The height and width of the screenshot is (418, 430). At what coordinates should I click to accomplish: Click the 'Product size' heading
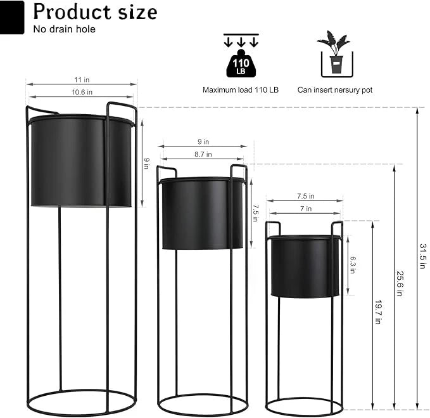coord(95,12)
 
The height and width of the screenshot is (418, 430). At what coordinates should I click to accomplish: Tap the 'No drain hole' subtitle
coord(64,29)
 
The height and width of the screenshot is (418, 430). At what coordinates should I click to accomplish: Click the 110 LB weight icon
coord(240,63)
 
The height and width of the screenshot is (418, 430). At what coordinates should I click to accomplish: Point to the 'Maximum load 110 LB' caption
coord(240,90)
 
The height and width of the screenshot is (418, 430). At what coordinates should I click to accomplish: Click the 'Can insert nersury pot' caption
coord(335,90)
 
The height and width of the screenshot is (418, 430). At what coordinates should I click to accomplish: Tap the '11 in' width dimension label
coord(80,80)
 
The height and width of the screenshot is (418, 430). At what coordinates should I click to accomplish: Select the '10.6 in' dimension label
coord(82,93)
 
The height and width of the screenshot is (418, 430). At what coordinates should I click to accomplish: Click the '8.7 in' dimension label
coord(203,154)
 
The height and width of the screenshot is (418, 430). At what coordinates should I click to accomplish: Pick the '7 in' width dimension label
coord(305,209)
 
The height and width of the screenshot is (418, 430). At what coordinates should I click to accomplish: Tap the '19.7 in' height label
coord(377,312)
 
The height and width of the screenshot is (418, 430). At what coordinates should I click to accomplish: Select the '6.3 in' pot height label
coord(353,265)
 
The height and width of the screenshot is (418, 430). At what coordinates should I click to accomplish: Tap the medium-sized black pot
coord(202,214)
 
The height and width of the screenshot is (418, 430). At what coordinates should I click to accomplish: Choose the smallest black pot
coord(305,266)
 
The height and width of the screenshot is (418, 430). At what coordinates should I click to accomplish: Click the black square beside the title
coord(12,17)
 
